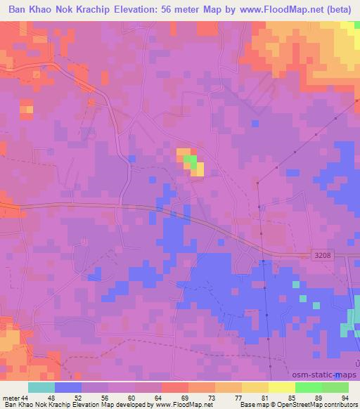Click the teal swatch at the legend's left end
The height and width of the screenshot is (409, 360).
coord(41,387)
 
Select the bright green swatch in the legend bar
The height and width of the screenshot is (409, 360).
coord(309,387)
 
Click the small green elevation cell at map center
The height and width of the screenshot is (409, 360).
coord(188,161)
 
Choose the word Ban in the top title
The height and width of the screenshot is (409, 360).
coord(18,10)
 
